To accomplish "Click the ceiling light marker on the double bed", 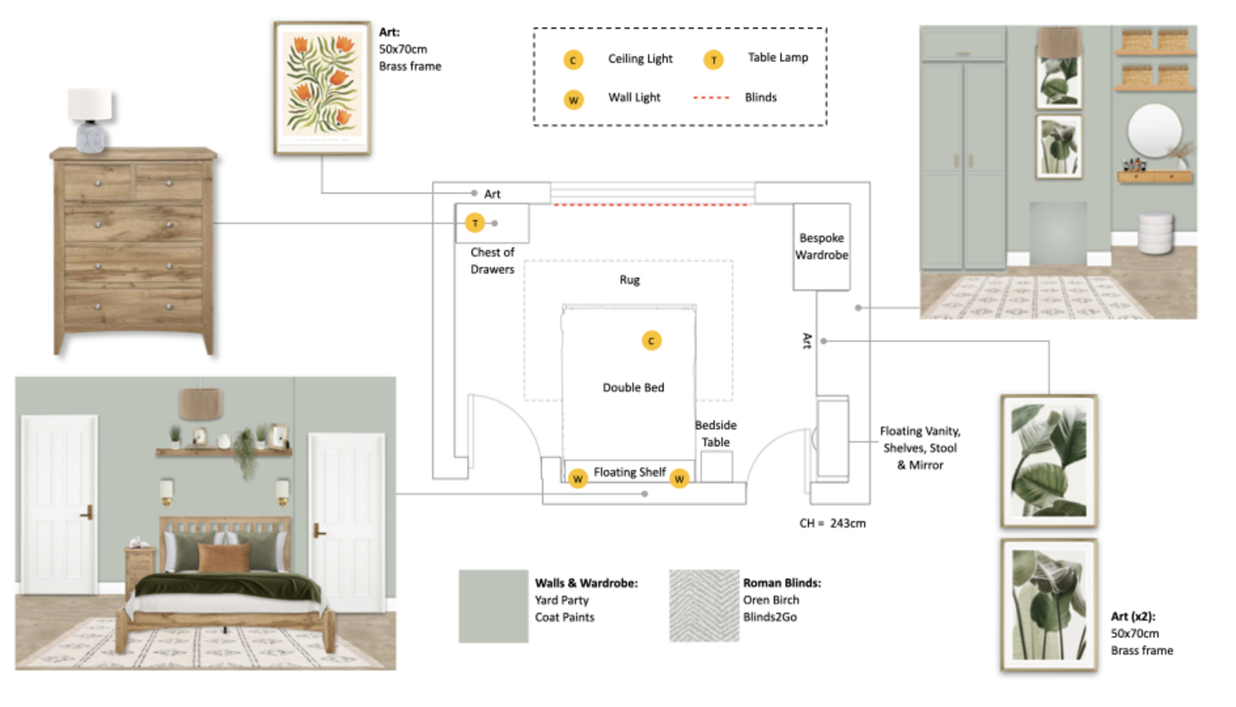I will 651,341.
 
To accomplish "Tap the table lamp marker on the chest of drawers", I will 475,223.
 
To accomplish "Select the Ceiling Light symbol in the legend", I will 574,60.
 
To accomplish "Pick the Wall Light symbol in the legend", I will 574,100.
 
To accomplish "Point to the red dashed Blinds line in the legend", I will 711,98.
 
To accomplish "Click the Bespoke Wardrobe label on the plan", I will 821,246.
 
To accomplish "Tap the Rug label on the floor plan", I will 629,280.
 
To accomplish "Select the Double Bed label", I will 633,388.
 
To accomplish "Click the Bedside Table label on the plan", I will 716,434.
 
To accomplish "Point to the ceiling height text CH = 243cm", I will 832,523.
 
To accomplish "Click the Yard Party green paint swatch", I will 493,605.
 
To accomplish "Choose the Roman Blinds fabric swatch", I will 704,605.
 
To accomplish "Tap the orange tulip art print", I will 323,87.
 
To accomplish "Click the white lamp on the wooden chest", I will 91,119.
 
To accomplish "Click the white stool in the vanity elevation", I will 1155,233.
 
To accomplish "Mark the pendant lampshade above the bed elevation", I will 200,404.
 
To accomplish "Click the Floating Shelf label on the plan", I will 629,473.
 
